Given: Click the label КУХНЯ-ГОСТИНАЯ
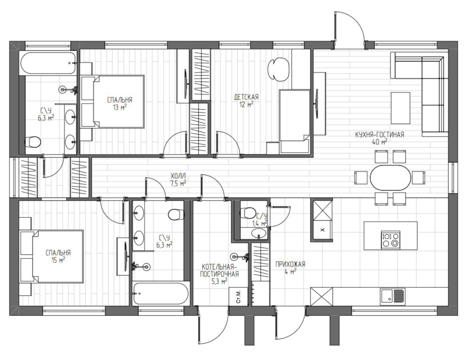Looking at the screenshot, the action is click(x=379, y=135).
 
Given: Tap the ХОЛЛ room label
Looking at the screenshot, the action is click(x=178, y=175).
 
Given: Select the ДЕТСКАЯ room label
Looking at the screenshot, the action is click(x=246, y=97).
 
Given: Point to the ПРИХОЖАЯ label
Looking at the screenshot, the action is click(x=290, y=264).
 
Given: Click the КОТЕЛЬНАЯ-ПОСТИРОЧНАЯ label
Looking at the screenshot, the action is click(x=219, y=270).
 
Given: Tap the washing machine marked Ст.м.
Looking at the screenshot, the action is click(x=238, y=296).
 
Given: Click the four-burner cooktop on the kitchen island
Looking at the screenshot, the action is click(x=391, y=240).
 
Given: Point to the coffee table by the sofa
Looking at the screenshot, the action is click(x=400, y=108).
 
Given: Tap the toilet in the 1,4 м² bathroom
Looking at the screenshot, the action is click(x=248, y=213).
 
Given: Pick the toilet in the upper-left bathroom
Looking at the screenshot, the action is click(x=32, y=142).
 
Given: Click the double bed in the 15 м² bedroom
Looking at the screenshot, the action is click(x=52, y=256).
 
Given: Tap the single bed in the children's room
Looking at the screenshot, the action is click(x=294, y=121).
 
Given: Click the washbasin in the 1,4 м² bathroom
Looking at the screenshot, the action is click(x=259, y=233).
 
